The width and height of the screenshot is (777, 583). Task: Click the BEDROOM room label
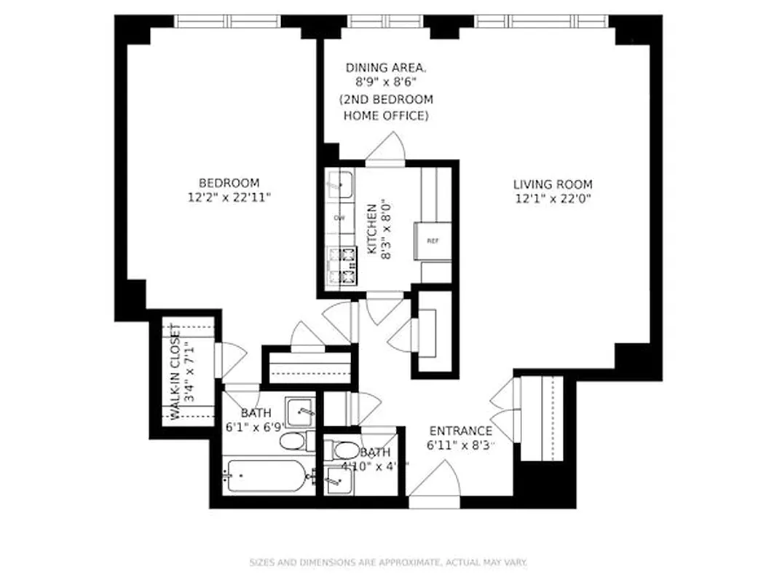coord(229,183)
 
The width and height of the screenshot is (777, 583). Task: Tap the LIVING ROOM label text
coord(553,184)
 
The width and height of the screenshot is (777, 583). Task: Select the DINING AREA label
coord(386,68)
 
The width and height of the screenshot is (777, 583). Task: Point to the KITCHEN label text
coord(372,228)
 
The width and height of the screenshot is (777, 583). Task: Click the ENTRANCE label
coord(460,431)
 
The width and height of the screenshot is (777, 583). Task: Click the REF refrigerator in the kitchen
coord(433,241)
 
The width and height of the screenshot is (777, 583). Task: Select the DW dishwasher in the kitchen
coord(339,218)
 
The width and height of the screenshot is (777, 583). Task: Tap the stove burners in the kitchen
coord(343,266)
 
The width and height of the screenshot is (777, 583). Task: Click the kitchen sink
coord(339,185)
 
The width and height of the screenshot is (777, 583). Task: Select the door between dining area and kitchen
coord(386,148)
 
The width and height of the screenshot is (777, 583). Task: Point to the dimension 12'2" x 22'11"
coord(229,197)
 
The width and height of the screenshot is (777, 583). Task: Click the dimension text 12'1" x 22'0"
coord(553,198)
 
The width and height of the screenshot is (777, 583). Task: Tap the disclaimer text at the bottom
coord(388,562)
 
